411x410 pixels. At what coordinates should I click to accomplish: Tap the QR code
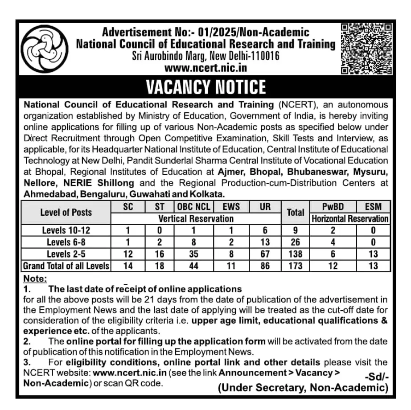click(x=366, y=49)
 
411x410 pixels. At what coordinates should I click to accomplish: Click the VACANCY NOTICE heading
click(x=206, y=86)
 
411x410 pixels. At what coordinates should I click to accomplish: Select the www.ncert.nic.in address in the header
click(x=205, y=68)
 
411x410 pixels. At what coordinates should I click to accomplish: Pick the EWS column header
click(x=230, y=207)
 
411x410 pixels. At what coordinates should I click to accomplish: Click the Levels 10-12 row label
click(x=66, y=230)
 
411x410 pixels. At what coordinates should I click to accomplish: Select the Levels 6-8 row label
click(x=66, y=242)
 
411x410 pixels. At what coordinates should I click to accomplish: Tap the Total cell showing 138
click(x=295, y=254)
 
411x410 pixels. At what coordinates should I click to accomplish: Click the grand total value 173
click(x=295, y=266)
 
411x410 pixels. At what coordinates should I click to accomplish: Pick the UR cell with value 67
click(x=265, y=254)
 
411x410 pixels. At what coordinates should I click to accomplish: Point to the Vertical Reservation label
click(x=196, y=219)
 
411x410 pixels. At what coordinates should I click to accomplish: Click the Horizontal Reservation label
click(x=350, y=219)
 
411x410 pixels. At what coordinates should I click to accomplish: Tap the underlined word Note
click(x=35, y=279)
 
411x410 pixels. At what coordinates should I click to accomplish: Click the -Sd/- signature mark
click(x=376, y=377)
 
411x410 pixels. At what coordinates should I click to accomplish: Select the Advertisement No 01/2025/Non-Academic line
click(x=205, y=32)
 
